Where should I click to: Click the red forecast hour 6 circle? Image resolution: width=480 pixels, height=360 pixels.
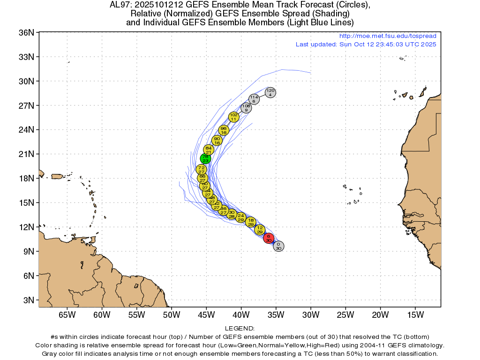coord(268,238)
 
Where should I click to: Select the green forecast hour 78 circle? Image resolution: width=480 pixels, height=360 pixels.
coord(205,158)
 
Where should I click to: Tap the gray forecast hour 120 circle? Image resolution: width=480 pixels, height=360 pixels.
coord(270,92)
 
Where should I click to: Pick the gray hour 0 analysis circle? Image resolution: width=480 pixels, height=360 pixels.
coord(278,246)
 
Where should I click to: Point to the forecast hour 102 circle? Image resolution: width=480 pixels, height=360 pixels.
coord(233,117)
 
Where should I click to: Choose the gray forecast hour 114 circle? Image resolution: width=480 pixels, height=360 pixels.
coord(254,99)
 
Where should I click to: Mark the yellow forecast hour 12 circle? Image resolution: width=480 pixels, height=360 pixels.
coord(260,230)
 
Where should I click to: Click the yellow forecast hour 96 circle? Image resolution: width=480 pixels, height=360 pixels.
coord(223,131)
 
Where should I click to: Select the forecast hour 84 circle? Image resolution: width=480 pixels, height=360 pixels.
coord(209,150)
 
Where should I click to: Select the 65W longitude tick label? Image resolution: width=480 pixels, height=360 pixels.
coord(67,315)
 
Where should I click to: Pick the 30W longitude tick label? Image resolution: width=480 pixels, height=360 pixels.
coord(311,315)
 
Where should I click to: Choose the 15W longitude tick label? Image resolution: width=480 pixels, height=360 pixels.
coord(415,315)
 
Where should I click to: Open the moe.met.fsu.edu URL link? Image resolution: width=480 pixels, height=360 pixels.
coord(387,36)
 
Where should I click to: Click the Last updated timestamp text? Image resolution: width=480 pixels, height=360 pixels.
coord(366,45)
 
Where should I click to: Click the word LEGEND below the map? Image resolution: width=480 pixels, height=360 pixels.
coord(240,328)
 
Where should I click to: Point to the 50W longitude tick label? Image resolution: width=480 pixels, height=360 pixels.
coord(171,315)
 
